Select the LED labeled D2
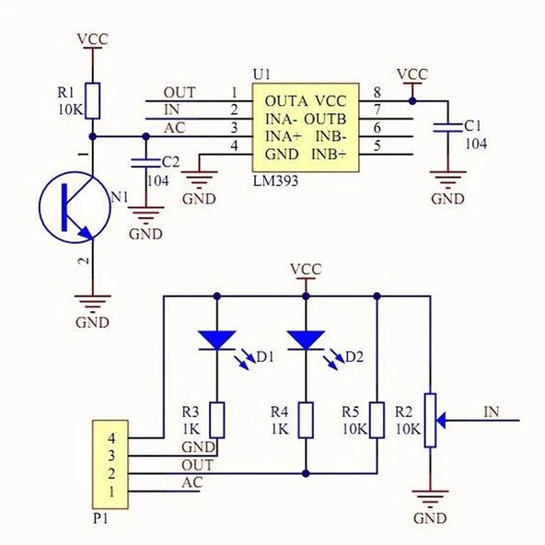(x=305, y=342)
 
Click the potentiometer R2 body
(x=430, y=426)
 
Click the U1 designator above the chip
(x=262, y=73)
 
